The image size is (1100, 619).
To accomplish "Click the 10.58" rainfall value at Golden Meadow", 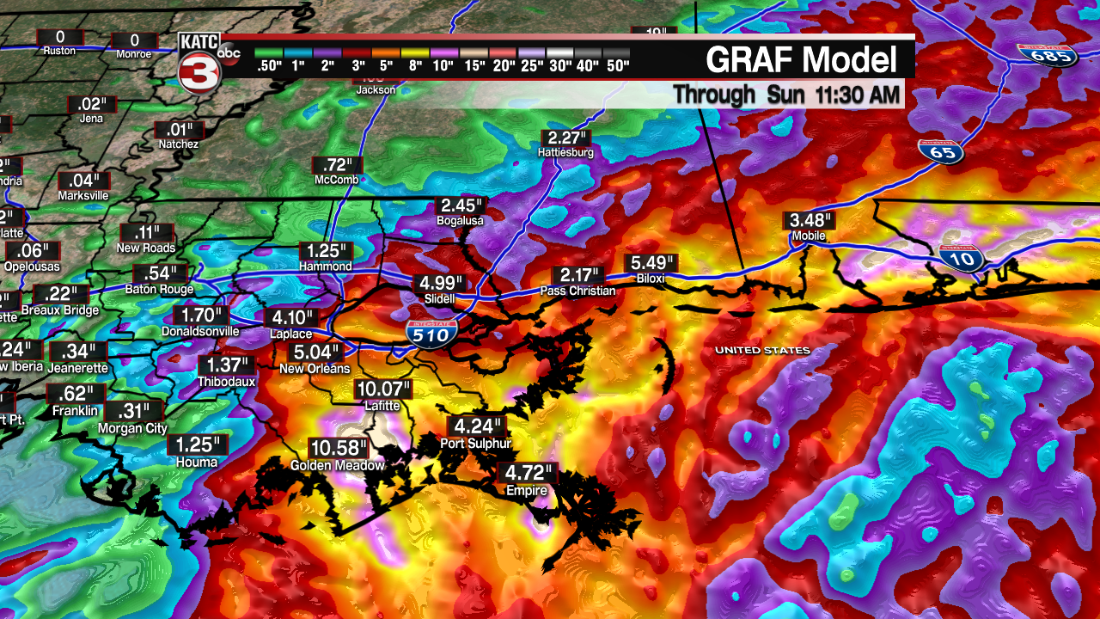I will click(339, 449).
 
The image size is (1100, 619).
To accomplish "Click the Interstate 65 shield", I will click(940, 152).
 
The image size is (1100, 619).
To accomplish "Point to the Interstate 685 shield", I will click(1035, 56).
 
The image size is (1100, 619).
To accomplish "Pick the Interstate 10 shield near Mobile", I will click(969, 258).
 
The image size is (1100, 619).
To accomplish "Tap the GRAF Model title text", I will click(801, 60).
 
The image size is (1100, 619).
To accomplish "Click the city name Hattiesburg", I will click(565, 153).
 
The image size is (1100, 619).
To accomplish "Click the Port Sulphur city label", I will click(475, 444).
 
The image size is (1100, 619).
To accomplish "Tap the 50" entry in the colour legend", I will click(616, 64).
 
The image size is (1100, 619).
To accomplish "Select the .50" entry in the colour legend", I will click(268, 64).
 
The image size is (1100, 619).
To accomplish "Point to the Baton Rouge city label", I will click(159, 290).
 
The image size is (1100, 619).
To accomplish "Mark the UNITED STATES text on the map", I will click(762, 350).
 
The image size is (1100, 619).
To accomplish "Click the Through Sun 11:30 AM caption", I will click(786, 94).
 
